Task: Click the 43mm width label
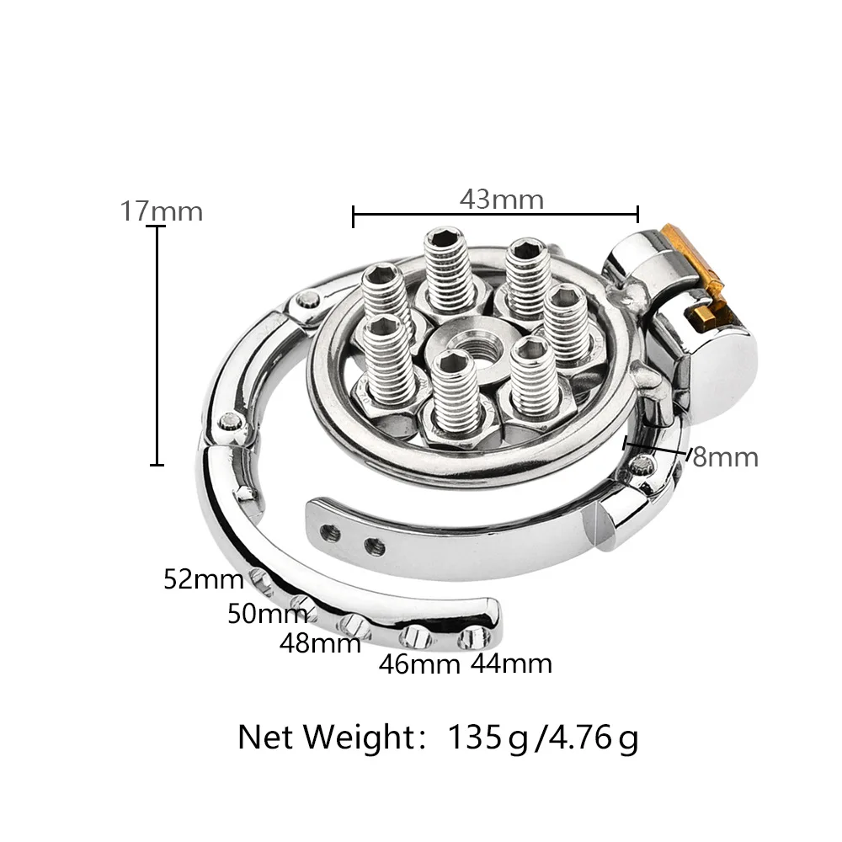(x=502, y=200)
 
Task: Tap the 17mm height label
(x=161, y=210)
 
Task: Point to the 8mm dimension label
(x=725, y=457)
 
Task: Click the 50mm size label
(x=267, y=613)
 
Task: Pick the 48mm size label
(x=320, y=643)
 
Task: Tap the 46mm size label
(x=419, y=664)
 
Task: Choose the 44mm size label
(x=511, y=663)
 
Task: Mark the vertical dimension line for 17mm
(x=157, y=345)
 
